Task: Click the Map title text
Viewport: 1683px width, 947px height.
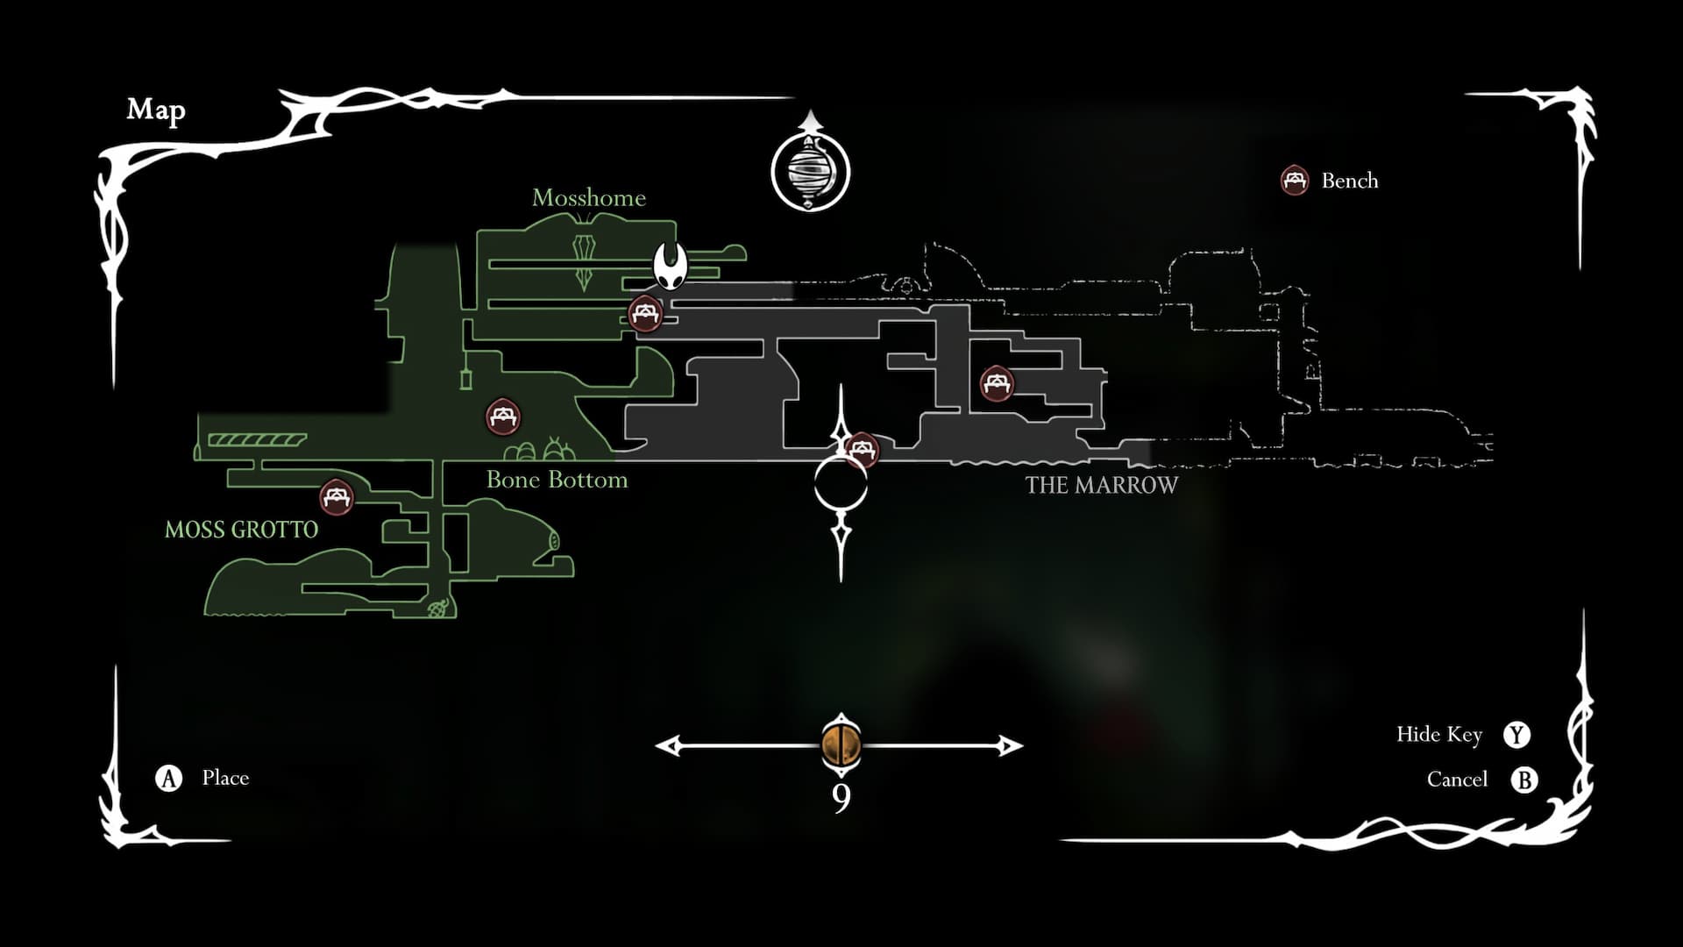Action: tap(156, 110)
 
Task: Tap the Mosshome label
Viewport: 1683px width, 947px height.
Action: tap(588, 198)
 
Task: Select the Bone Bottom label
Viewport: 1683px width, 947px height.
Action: tap(557, 480)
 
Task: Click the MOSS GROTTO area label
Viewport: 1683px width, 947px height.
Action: tap(241, 530)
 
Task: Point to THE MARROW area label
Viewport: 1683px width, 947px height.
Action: tap(1101, 485)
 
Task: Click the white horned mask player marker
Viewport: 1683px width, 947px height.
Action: tap(671, 265)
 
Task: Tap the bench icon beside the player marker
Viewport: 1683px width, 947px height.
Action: tap(645, 312)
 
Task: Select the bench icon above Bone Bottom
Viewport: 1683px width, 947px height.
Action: tap(503, 417)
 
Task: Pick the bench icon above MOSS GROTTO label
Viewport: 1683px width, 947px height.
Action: tap(336, 497)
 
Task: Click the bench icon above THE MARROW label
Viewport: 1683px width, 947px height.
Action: tap(996, 383)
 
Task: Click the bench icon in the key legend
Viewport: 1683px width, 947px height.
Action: tap(1294, 181)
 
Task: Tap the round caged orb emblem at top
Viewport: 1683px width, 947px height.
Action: tap(810, 171)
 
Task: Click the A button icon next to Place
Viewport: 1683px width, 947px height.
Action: tap(168, 778)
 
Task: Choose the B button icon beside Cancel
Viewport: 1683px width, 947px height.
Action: tap(1524, 780)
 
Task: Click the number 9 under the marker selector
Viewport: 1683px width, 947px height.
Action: tap(841, 799)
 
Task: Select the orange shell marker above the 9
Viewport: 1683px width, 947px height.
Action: tap(841, 744)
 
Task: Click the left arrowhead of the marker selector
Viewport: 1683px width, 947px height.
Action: tap(668, 746)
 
